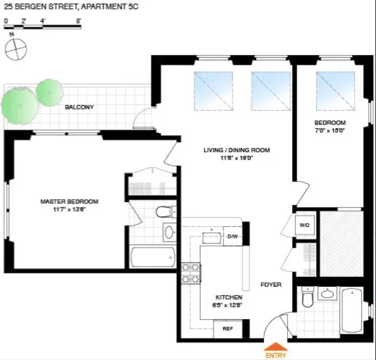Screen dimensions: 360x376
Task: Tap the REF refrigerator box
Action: (x=227, y=329)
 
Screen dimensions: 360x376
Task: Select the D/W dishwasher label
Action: (x=232, y=236)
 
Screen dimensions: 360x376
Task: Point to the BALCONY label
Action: (x=79, y=108)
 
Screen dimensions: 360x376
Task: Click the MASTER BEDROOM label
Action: (x=69, y=202)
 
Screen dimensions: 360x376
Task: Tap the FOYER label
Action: (x=270, y=285)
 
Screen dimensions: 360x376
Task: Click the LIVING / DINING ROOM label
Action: (x=237, y=150)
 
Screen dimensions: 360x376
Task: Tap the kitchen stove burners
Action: (x=191, y=273)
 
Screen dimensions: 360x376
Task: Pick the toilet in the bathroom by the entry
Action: (x=308, y=299)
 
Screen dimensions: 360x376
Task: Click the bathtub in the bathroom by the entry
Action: (x=352, y=310)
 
